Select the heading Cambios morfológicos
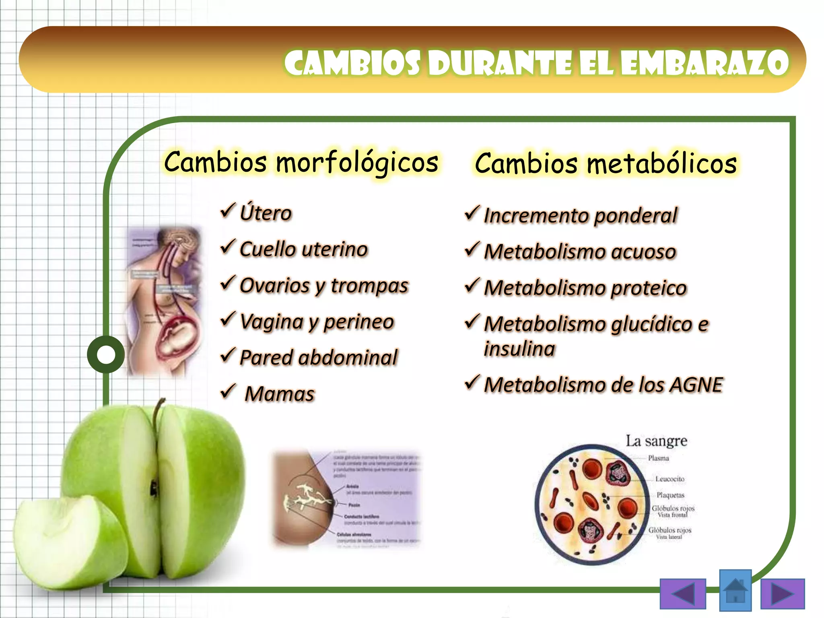pyautogui.click(x=301, y=162)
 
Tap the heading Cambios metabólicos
pyautogui.click(x=606, y=164)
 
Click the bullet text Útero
pyautogui.click(x=266, y=213)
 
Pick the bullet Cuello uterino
pyautogui.click(x=303, y=249)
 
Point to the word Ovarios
pyautogui.click(x=275, y=286)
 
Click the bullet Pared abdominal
pyautogui.click(x=318, y=358)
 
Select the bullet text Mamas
pyautogui.click(x=280, y=394)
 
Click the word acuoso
pyautogui.click(x=643, y=252)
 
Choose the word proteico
pyautogui.click(x=648, y=288)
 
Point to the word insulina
pyautogui.click(x=519, y=348)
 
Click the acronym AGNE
pyautogui.click(x=696, y=385)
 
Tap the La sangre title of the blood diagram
pyautogui.click(x=656, y=441)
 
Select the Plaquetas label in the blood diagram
pyautogui.click(x=670, y=495)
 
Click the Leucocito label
pyautogui.click(x=669, y=479)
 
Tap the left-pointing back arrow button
pyautogui.click(x=683, y=593)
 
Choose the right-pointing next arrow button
pyautogui.click(x=782, y=593)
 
